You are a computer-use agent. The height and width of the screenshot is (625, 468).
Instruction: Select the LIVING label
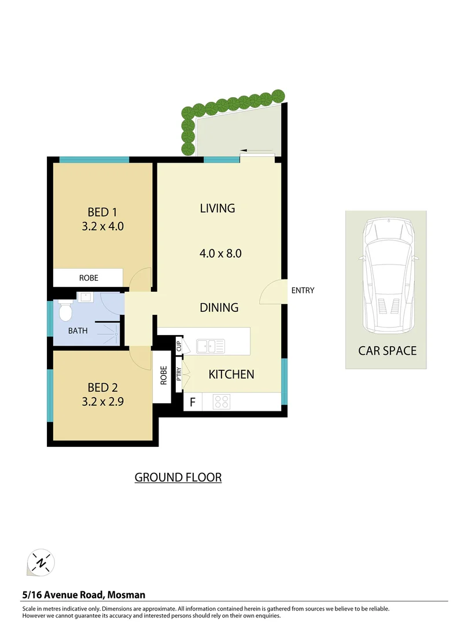(218, 208)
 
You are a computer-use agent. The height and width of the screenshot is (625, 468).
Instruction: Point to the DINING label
(219, 307)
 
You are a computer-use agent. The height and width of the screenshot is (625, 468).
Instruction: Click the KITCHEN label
(231, 374)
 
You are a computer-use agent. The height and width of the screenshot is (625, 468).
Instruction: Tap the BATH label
(78, 332)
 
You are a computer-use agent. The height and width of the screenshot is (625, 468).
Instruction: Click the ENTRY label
(303, 291)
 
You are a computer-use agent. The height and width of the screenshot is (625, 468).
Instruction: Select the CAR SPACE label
(387, 351)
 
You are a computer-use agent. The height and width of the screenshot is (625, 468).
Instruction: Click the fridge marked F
(192, 402)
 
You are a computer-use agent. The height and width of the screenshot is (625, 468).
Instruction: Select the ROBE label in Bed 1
(89, 278)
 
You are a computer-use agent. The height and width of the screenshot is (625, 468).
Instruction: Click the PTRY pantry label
(179, 374)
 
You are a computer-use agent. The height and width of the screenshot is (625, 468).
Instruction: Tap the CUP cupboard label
(179, 347)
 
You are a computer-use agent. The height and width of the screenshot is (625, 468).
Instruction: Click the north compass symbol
(41, 561)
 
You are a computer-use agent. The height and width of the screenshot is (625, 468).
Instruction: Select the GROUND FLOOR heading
(178, 477)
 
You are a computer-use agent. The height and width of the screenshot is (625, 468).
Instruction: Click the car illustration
(386, 277)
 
